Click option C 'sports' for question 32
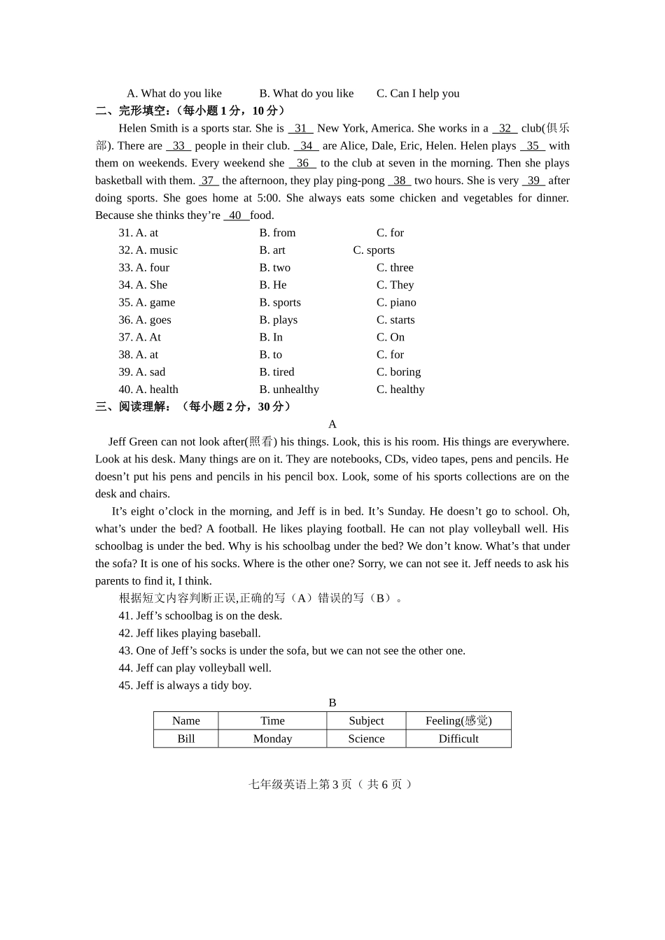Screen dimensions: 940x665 pyautogui.click(x=374, y=250)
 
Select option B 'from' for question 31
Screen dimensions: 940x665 pyautogui.click(x=277, y=233)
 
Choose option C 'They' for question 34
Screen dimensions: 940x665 pyautogui.click(x=395, y=285)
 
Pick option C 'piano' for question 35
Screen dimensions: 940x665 pyautogui.click(x=396, y=303)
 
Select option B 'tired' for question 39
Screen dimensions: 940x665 pyautogui.click(x=276, y=372)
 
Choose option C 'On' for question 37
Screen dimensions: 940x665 pyautogui.click(x=391, y=338)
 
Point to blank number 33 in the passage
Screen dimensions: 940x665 pyautogui.click(x=178, y=146)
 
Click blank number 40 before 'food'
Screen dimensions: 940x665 pyautogui.click(x=236, y=216)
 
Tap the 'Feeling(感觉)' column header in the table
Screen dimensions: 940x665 pyautogui.click(x=458, y=721)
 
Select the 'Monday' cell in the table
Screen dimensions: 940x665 pyautogui.click(x=272, y=739)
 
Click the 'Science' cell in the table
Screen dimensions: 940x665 pyautogui.click(x=366, y=739)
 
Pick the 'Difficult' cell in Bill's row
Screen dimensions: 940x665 pyautogui.click(x=458, y=739)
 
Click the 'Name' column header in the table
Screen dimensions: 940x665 pyautogui.click(x=186, y=721)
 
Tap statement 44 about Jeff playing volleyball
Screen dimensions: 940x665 pyautogui.click(x=195, y=669)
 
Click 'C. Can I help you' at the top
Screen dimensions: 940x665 pyautogui.click(x=418, y=94)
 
